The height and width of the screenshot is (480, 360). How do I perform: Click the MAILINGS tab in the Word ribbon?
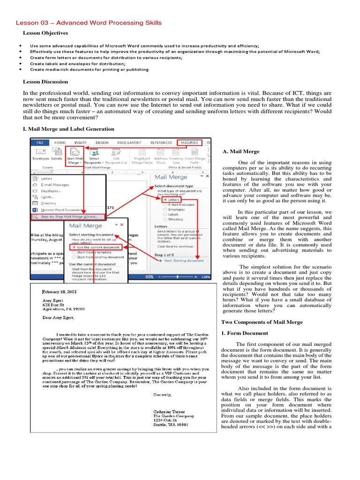(190, 142)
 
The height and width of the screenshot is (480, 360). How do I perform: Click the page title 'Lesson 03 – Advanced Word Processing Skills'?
(89, 22)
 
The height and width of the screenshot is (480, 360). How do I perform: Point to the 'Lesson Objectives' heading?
(45, 33)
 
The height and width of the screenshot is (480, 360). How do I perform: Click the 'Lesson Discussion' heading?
(45, 82)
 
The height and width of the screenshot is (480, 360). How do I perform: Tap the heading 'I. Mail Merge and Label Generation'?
(68, 129)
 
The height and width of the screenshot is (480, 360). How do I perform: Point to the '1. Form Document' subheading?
(244, 333)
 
